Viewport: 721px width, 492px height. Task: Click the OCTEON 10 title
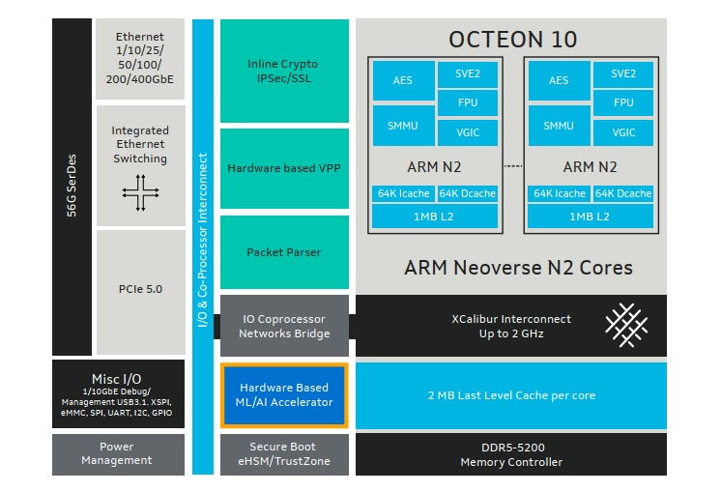click(512, 40)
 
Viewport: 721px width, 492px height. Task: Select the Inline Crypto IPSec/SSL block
click(283, 71)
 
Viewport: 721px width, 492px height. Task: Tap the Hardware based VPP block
click(283, 168)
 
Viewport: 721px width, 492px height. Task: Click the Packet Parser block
click(283, 252)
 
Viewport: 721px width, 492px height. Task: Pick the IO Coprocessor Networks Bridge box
click(283, 326)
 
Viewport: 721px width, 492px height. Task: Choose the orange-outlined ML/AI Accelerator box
click(283, 395)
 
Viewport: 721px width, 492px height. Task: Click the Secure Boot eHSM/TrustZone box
click(283, 454)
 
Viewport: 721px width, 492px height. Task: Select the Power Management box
click(117, 454)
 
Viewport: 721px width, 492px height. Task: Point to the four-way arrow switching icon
click(140, 193)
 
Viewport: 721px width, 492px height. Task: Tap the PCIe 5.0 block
click(140, 287)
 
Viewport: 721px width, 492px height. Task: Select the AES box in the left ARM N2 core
click(403, 80)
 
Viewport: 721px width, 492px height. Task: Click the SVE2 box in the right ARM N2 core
click(623, 73)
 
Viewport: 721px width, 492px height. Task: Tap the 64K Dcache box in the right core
click(623, 193)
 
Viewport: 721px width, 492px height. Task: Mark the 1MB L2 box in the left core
click(435, 216)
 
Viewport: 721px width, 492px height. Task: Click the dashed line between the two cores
click(512, 166)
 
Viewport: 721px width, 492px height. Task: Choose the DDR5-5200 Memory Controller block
click(511, 454)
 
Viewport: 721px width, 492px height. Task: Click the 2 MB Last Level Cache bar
click(511, 395)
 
